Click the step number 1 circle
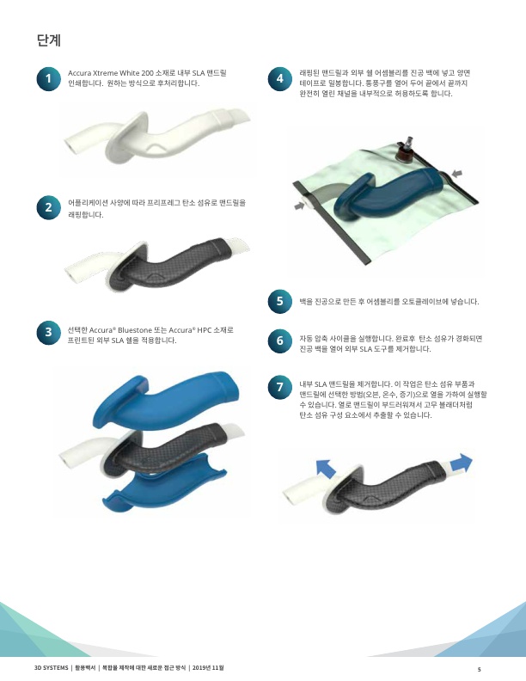(x=49, y=78)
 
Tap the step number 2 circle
(x=49, y=207)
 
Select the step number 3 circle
(x=49, y=332)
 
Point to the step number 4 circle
(x=280, y=78)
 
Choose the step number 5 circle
(x=280, y=301)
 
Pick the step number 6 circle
(x=280, y=340)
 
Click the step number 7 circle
(x=280, y=387)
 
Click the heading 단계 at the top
(x=49, y=40)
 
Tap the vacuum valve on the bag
(x=406, y=150)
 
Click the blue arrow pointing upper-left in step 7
(x=326, y=469)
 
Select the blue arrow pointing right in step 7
(x=462, y=463)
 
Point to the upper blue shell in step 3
(x=165, y=401)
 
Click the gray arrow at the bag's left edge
(x=299, y=206)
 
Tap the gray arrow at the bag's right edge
(x=456, y=174)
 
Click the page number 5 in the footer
(x=479, y=669)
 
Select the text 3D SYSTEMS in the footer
(x=52, y=667)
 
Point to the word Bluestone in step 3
(x=135, y=330)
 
